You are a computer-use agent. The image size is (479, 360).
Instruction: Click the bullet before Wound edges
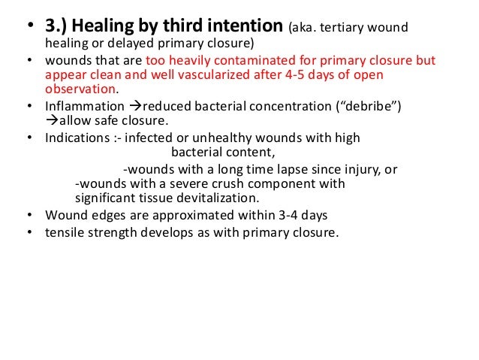pyautogui.click(x=29, y=216)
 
